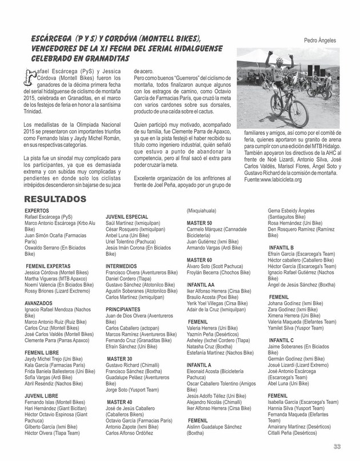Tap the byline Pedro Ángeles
tap(320, 41)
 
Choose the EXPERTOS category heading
tap(34, 211)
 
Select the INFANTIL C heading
tap(281, 340)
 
